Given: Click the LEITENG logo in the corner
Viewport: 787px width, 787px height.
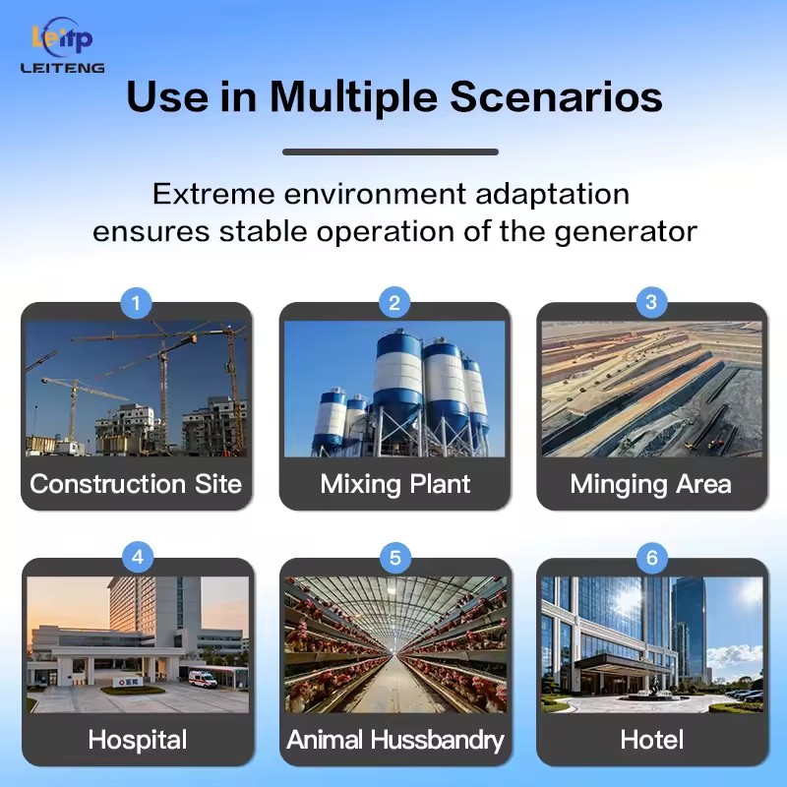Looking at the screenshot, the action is pyautogui.click(x=62, y=45).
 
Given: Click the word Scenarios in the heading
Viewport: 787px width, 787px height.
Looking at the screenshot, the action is pyautogui.click(x=556, y=95).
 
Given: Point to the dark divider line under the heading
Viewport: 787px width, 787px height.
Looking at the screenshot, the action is pyautogui.click(x=391, y=151).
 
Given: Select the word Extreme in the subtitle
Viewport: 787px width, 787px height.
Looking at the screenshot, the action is pyautogui.click(x=213, y=194).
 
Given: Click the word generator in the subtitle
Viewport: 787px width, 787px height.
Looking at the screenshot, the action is pyautogui.click(x=626, y=233).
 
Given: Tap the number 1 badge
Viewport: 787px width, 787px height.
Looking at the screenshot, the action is pyautogui.click(x=136, y=303).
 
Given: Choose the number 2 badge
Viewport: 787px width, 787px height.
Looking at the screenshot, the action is pyautogui.click(x=394, y=303).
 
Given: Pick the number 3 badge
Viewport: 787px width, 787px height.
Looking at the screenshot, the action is pyautogui.click(x=651, y=302).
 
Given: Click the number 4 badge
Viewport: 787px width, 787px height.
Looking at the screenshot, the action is pyautogui.click(x=138, y=557).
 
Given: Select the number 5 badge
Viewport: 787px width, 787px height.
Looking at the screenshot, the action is pyautogui.click(x=395, y=558).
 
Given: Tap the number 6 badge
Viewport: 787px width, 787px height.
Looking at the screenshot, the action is pyautogui.click(x=652, y=558).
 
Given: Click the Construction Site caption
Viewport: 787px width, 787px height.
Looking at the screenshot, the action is pyautogui.click(x=136, y=484).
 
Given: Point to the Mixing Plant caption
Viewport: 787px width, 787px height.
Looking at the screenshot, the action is pyautogui.click(x=395, y=485).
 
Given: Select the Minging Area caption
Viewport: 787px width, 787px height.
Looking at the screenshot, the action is pyautogui.click(x=651, y=485).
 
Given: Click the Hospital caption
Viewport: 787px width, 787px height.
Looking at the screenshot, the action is pyautogui.click(x=138, y=741).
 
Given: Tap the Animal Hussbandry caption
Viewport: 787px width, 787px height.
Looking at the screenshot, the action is pyautogui.click(x=395, y=741).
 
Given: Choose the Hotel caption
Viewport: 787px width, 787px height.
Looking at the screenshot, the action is pyautogui.click(x=652, y=740).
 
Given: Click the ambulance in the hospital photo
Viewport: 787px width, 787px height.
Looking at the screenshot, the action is pyautogui.click(x=203, y=679).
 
